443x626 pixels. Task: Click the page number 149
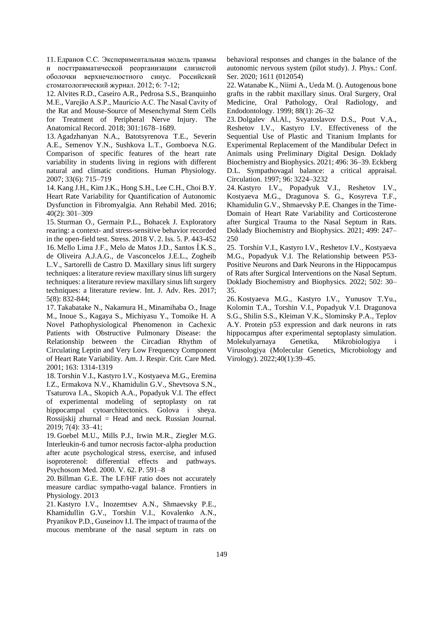(221, 554)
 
